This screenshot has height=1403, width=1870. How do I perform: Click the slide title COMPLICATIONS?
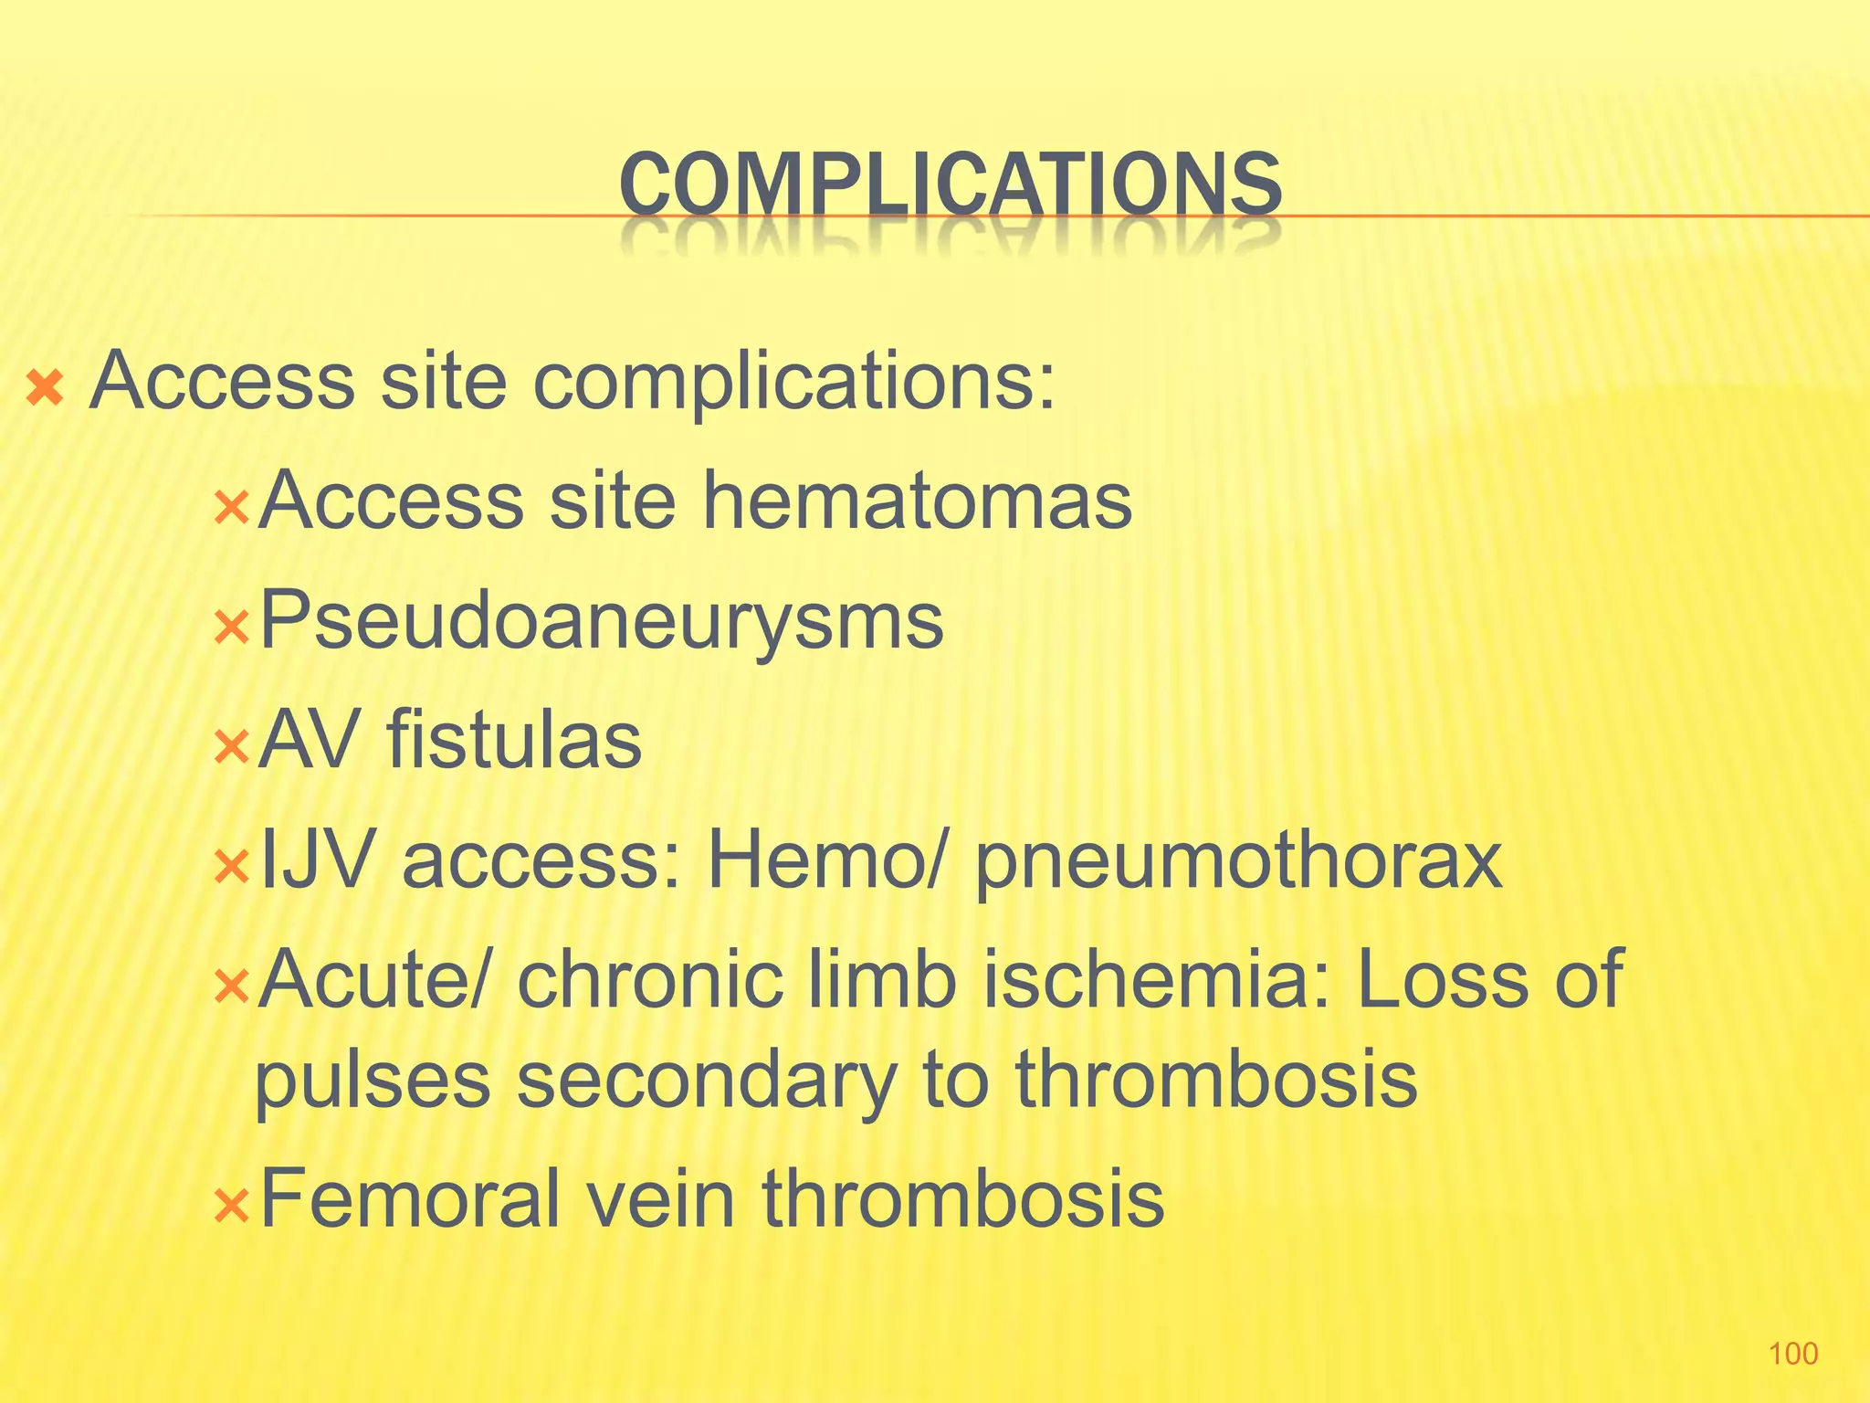click(950, 185)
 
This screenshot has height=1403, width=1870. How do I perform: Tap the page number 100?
click(1793, 1353)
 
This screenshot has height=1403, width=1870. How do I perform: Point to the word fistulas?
click(515, 740)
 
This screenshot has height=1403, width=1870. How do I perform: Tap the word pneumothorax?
click(1238, 863)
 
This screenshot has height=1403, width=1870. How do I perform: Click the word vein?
click(660, 1198)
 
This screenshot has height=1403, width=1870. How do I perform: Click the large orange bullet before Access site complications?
click(45, 388)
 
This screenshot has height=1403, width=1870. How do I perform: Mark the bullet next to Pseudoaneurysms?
click(231, 628)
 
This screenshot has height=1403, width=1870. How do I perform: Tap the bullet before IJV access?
click(231, 867)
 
